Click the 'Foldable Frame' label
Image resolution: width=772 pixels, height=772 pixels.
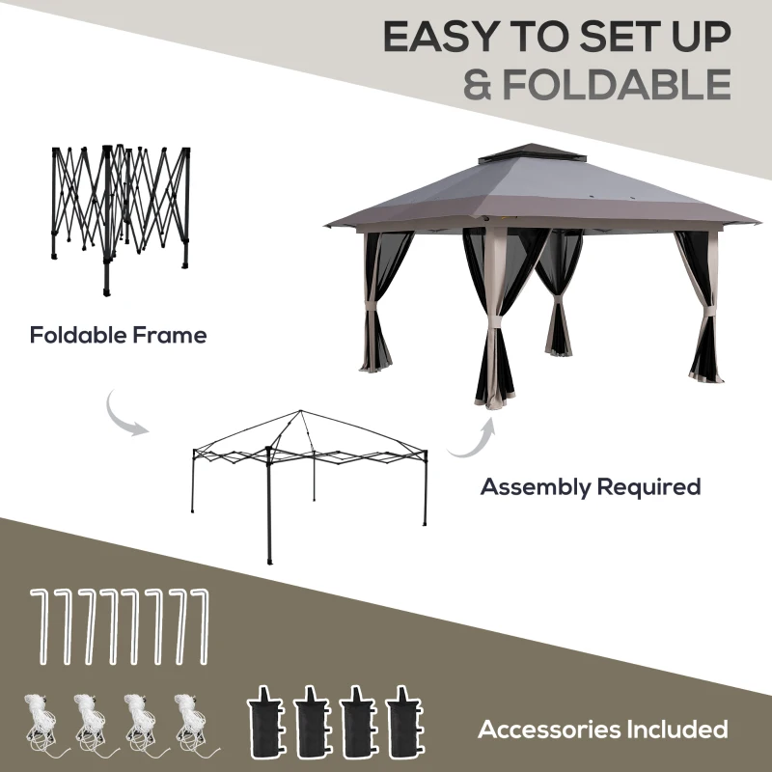pyautogui.click(x=118, y=336)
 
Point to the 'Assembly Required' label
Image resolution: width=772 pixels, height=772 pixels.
pyautogui.click(x=591, y=486)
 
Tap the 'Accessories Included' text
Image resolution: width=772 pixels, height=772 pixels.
pyautogui.click(x=603, y=729)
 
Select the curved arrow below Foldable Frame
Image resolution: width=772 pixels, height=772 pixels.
pyautogui.click(x=127, y=411)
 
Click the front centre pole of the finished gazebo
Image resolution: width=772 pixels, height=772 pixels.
pyautogui.click(x=494, y=318)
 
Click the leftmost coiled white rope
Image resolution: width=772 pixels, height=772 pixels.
pyautogui.click(x=41, y=719)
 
